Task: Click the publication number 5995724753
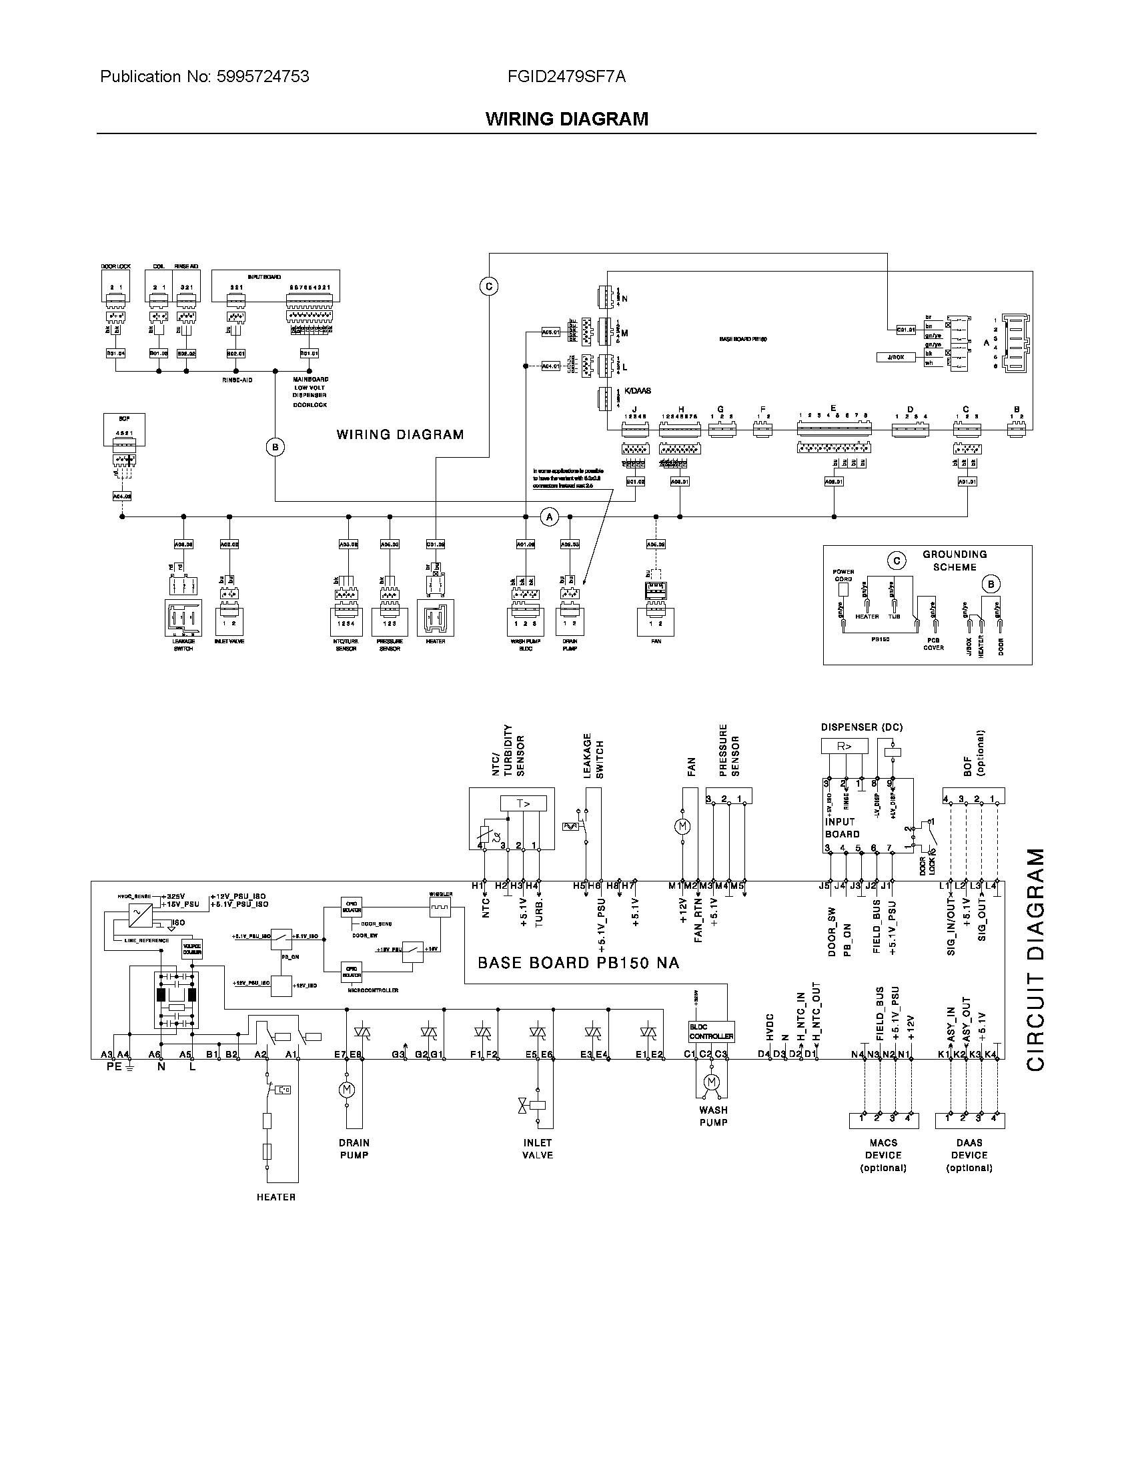(x=263, y=77)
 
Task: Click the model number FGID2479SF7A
(x=566, y=77)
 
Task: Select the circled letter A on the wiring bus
(x=550, y=516)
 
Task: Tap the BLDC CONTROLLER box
(x=712, y=1032)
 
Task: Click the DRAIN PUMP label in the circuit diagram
(x=354, y=1149)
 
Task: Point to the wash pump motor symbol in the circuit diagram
(x=712, y=1082)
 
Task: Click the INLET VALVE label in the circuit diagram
(x=538, y=1149)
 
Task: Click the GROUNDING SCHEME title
(x=954, y=561)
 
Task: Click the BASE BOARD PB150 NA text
(x=578, y=963)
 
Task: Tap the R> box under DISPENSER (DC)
(x=844, y=746)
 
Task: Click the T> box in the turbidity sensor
(x=524, y=803)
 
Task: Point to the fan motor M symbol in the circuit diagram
(x=682, y=826)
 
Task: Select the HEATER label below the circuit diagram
(x=275, y=1197)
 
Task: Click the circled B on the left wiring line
(x=275, y=447)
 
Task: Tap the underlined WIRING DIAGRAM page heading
(x=566, y=119)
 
